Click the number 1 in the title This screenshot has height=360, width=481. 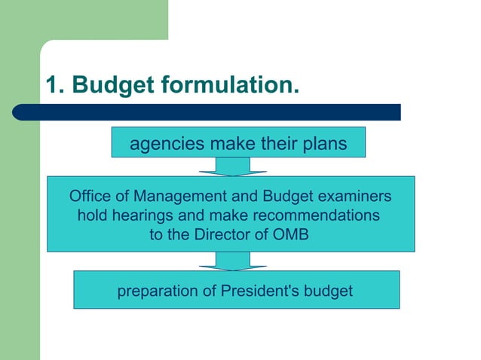coord(52,86)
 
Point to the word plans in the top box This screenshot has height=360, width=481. coord(324,143)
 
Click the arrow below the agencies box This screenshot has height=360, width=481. coord(233,166)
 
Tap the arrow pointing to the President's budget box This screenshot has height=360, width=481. coord(233,261)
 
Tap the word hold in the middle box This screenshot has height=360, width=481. coord(90,215)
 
